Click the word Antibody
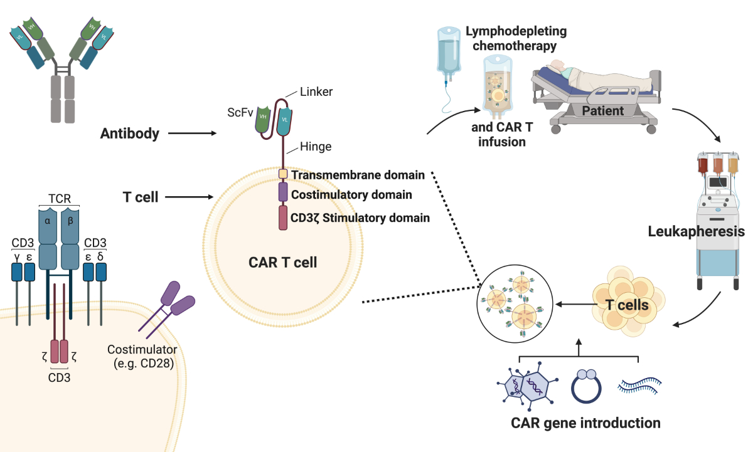tap(130, 133)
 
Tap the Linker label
tap(316, 92)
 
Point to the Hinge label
tap(316, 147)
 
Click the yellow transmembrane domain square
tap(283, 174)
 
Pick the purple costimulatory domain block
tap(283, 192)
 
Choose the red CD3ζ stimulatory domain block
tap(283, 217)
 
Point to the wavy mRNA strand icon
tap(639, 384)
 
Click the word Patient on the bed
tap(602, 111)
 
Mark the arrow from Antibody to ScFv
tap(191, 133)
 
